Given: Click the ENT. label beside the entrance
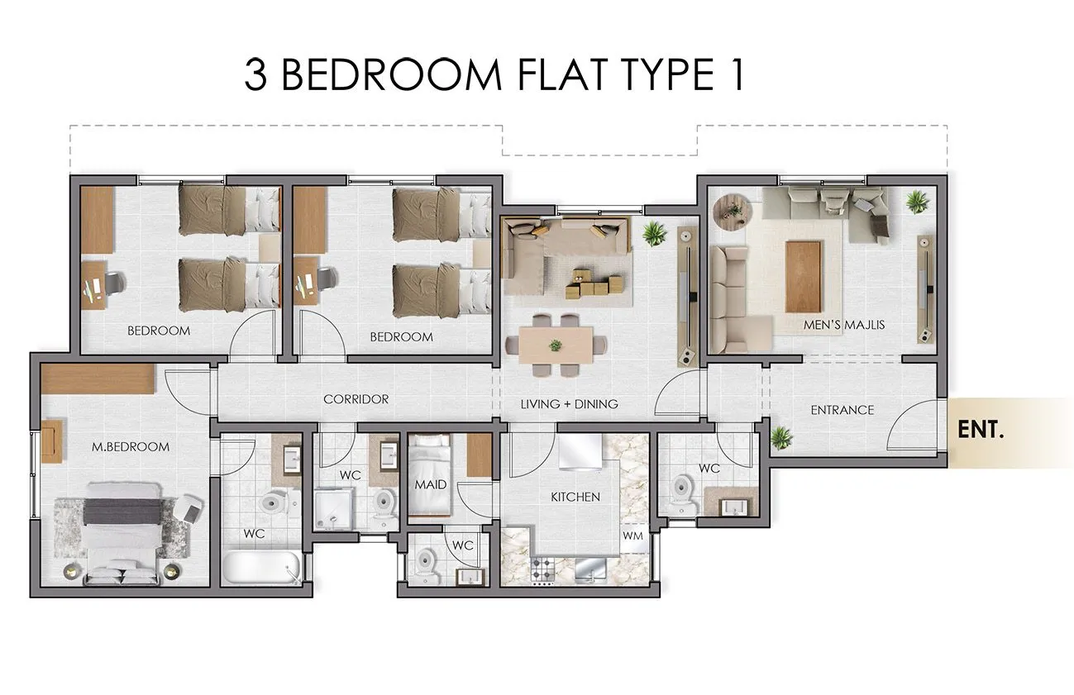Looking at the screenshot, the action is (x=980, y=430).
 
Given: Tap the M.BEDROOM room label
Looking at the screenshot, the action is (x=131, y=447).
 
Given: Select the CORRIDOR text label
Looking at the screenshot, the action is (x=356, y=399).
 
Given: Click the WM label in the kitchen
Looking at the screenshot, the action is (x=632, y=536).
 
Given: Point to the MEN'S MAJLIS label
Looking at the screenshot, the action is (x=844, y=325).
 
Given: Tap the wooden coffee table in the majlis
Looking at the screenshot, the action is (x=803, y=277).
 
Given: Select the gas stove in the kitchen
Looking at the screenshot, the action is (x=543, y=571).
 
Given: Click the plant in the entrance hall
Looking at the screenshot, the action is (x=781, y=437).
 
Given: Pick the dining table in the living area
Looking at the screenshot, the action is (x=556, y=345).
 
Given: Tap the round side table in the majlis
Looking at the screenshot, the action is (x=731, y=211).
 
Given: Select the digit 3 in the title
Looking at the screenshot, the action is (x=255, y=75).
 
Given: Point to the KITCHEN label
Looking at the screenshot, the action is (x=575, y=497).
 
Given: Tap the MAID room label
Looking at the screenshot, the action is (x=431, y=484).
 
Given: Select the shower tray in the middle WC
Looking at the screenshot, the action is (x=335, y=509).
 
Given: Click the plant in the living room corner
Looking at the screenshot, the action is (x=655, y=233).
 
